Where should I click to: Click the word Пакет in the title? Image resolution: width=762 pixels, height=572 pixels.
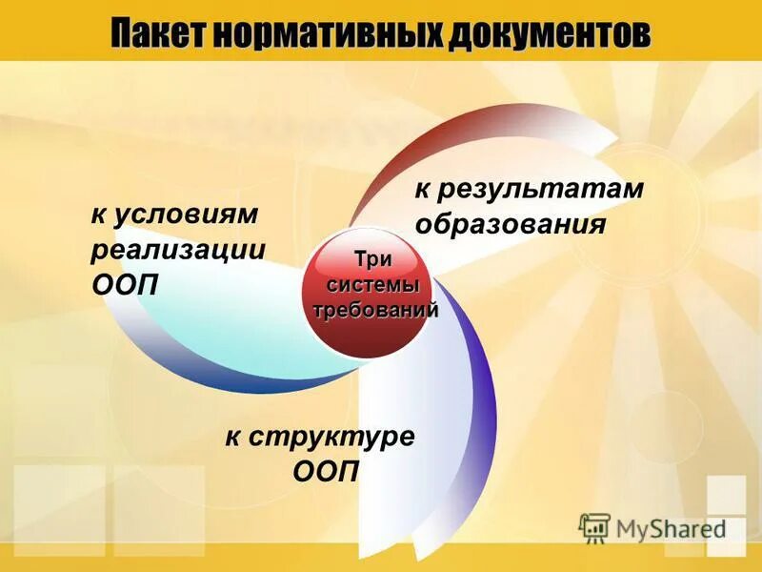pos(159,34)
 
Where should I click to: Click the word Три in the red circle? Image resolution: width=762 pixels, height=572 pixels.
pos(372,260)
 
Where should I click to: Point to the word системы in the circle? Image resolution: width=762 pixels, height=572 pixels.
pos(373,285)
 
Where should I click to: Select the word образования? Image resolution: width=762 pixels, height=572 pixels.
pos(511,225)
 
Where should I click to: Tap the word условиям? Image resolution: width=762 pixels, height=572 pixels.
pos(188,214)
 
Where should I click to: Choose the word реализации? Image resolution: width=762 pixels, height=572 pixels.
pos(178,250)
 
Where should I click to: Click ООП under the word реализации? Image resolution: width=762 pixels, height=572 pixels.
pos(126,285)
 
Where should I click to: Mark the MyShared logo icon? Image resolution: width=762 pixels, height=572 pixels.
pos(594,527)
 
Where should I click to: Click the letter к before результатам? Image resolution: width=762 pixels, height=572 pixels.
pos(421,191)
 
